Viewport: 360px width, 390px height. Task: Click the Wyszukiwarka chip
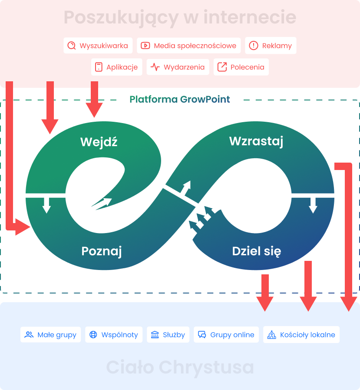98,46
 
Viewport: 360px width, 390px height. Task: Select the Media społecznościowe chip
189,46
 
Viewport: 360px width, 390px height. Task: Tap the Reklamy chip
271,46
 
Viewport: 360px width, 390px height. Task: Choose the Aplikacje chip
117,67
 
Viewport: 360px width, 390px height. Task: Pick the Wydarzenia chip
178,67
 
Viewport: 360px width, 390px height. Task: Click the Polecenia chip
241,67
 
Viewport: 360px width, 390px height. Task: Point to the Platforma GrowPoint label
180,100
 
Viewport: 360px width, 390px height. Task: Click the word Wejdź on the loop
99,142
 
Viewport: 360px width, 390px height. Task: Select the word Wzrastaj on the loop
256,141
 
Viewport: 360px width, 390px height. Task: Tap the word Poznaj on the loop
102,251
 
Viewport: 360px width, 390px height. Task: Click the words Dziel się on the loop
257,251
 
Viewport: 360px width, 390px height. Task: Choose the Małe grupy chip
51,335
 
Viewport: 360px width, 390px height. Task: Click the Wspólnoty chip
114,335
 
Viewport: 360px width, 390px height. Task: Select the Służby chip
168,335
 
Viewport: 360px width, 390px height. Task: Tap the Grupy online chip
226,335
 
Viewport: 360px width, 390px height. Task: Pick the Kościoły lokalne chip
301,335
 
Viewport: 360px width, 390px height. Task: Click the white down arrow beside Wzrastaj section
313,205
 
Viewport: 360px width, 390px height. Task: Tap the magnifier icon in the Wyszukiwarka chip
72,46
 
